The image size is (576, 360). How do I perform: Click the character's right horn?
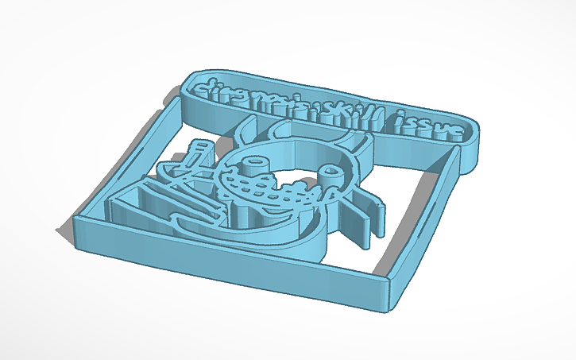tap(365, 145)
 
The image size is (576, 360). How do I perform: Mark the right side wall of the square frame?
tap(434, 215)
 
